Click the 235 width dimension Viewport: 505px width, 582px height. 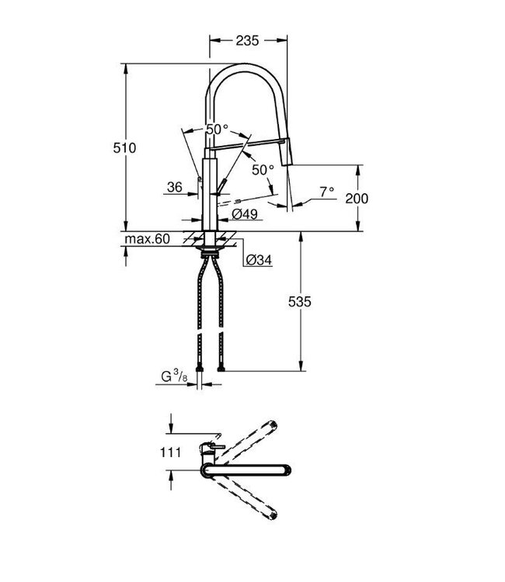249,40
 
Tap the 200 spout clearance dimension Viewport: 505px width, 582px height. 357,199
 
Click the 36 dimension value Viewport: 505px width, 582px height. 174,187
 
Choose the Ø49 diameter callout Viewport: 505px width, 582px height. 243,213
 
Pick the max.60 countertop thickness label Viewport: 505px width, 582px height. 147,239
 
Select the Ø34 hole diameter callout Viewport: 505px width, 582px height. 257,261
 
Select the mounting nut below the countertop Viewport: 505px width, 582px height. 209,249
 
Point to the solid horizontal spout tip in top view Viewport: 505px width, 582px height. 288,468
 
